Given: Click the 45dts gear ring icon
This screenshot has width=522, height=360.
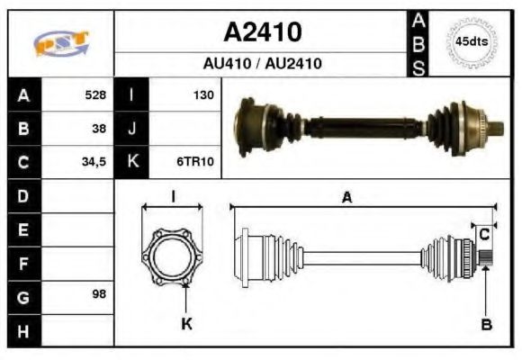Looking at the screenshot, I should coord(471,41).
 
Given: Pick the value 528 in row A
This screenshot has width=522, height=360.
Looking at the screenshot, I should coord(95,94).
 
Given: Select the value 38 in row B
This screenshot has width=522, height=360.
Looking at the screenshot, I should coord(99,128).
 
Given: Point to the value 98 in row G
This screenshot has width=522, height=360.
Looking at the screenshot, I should coord(99,294).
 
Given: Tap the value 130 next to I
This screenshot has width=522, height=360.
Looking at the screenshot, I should coord(203,94).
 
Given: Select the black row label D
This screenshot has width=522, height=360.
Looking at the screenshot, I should coord(23,195).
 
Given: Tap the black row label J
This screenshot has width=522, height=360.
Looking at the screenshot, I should coord(132,128).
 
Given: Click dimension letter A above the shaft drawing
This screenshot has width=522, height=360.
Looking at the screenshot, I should coord(346,198).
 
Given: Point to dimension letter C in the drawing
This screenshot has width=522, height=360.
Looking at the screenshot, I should coord(484,234).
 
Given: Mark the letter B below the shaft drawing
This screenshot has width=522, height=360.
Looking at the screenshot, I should coord(486,325).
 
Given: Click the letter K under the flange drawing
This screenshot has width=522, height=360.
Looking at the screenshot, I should coord(187,325).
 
